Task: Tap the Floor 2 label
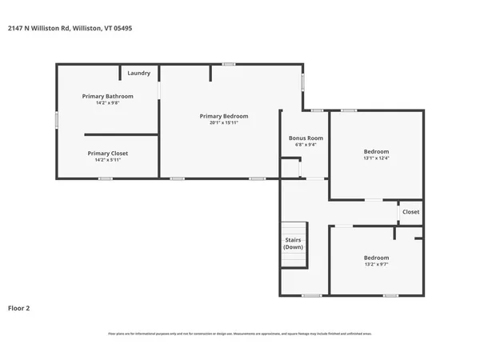point(19,307)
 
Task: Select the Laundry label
point(138,74)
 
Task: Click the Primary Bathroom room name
point(108,96)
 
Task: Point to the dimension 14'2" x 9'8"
point(108,102)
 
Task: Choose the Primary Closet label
point(108,153)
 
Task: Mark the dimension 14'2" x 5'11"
point(108,160)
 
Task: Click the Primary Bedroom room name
point(224,116)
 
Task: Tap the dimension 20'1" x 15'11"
point(224,123)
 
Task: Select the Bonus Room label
point(306,138)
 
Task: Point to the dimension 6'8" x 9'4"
point(306,145)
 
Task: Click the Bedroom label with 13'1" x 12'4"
point(376,151)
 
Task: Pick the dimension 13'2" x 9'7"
point(376,264)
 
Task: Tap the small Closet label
point(410,212)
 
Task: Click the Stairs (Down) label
point(294,243)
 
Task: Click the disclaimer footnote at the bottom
point(240,334)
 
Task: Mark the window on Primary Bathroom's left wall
point(56,119)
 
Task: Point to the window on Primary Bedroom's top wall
point(229,64)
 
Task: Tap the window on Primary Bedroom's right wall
point(302,82)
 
